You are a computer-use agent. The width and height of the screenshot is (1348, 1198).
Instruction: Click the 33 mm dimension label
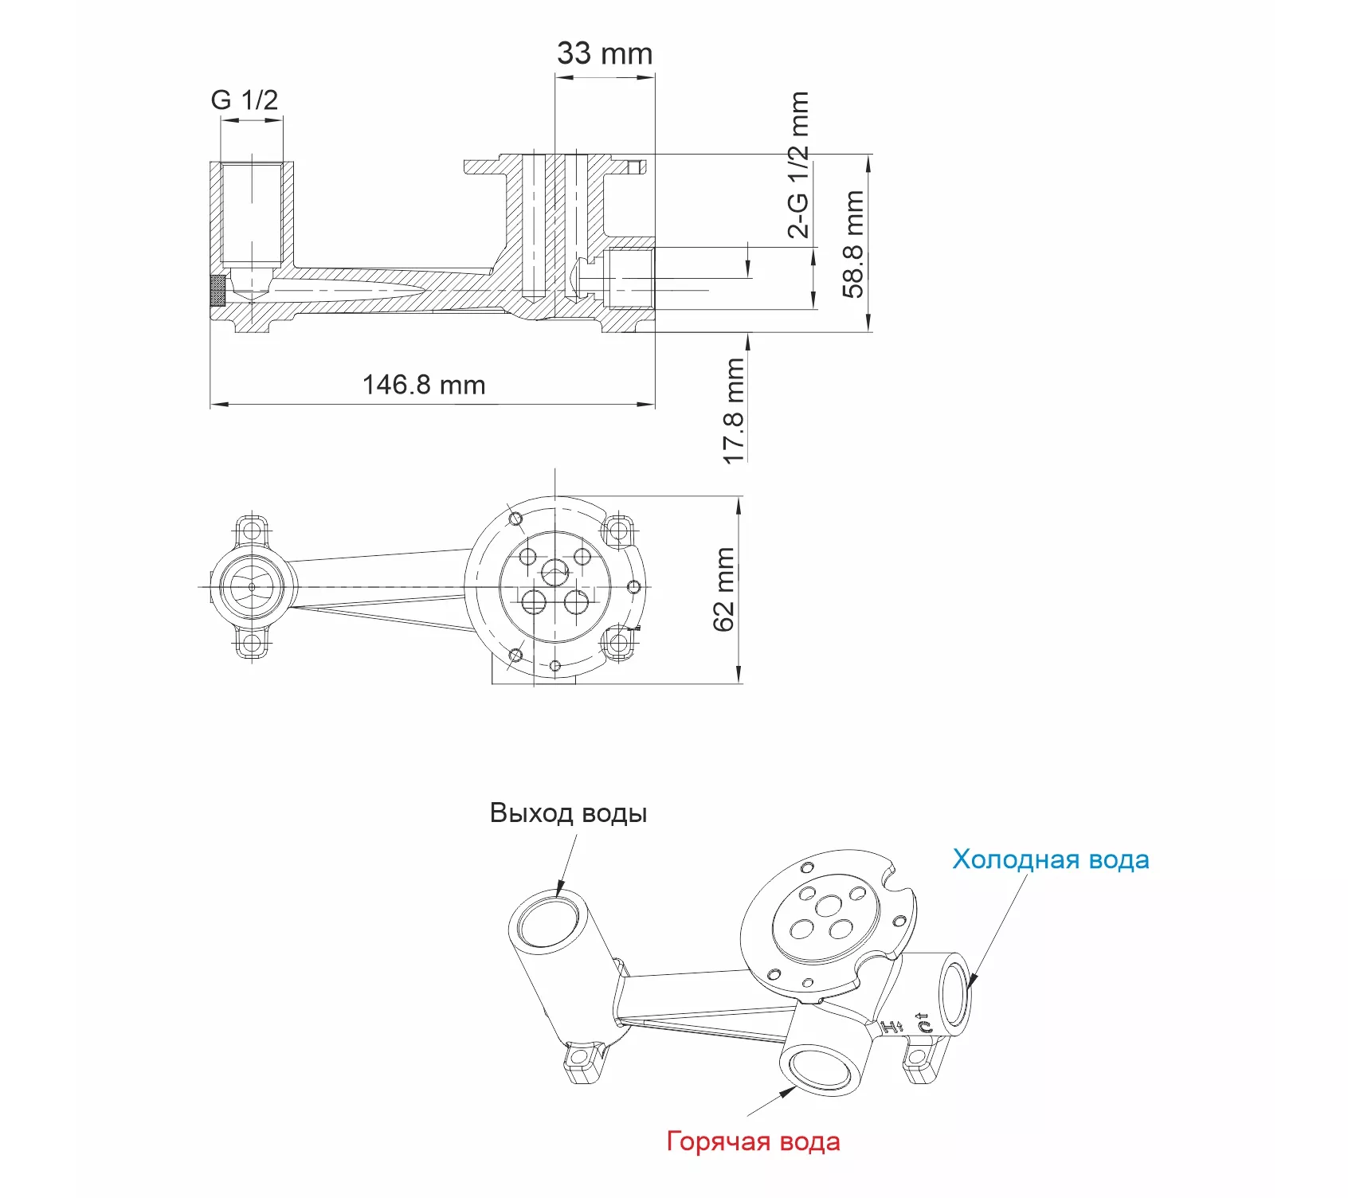[x=605, y=53]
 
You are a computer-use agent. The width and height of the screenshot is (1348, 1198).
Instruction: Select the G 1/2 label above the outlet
[x=245, y=100]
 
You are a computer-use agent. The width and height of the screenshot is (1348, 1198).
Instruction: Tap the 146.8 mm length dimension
[x=424, y=385]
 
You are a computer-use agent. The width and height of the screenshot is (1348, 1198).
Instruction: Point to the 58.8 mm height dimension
[x=853, y=244]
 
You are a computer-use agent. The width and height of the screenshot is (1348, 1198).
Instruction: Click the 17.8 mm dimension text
[x=734, y=411]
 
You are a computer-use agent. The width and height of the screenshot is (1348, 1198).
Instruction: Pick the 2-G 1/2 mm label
[x=798, y=165]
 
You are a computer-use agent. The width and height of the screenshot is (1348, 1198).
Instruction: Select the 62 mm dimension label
[x=723, y=589]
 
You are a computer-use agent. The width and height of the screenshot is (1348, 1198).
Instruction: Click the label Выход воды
[x=568, y=812]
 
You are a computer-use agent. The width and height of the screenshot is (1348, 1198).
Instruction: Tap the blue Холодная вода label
[x=1051, y=859]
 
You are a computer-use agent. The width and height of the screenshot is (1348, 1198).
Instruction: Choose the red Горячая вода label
[x=754, y=1141]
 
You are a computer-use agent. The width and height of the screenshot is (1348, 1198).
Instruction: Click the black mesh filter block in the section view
[x=217, y=290]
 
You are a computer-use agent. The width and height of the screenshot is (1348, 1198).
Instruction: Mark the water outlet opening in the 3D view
[x=549, y=922]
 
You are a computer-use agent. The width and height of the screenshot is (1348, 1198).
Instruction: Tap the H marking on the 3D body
[x=892, y=1027]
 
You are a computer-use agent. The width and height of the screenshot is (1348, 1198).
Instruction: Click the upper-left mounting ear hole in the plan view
[x=253, y=530]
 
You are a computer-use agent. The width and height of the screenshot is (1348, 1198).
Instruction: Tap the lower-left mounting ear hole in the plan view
[x=253, y=643]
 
